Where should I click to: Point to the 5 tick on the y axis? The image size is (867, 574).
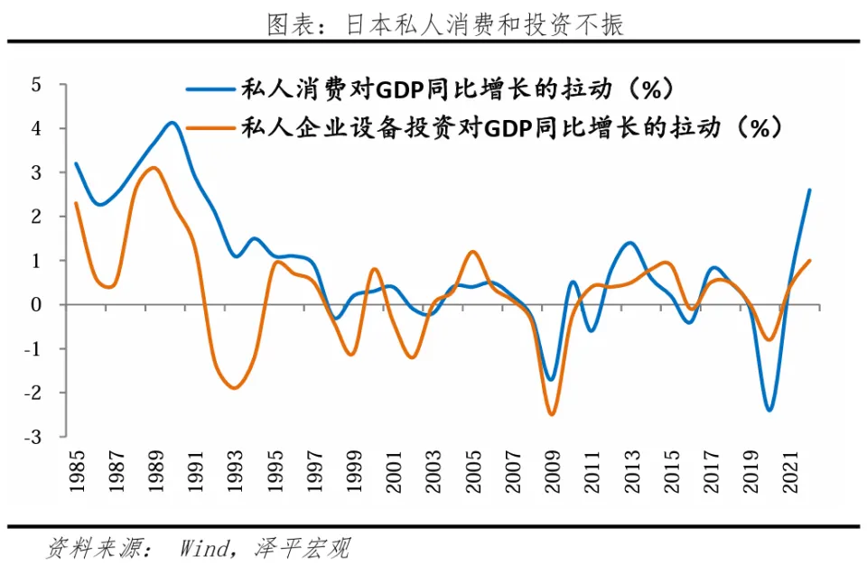(36, 85)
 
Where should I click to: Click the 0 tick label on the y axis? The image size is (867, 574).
(36, 305)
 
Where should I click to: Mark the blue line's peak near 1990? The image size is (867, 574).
(172, 122)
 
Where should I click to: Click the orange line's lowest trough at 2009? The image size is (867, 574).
(551, 414)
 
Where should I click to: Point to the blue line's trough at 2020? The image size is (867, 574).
(769, 411)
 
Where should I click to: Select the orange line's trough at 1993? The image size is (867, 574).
(235, 388)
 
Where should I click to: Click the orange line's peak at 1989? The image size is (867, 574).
(154, 167)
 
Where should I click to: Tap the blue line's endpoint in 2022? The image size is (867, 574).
(809, 190)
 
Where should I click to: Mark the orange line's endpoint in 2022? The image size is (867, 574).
(809, 260)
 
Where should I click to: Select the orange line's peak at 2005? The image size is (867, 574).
(472, 252)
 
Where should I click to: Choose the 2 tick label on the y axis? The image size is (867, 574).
(36, 217)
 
